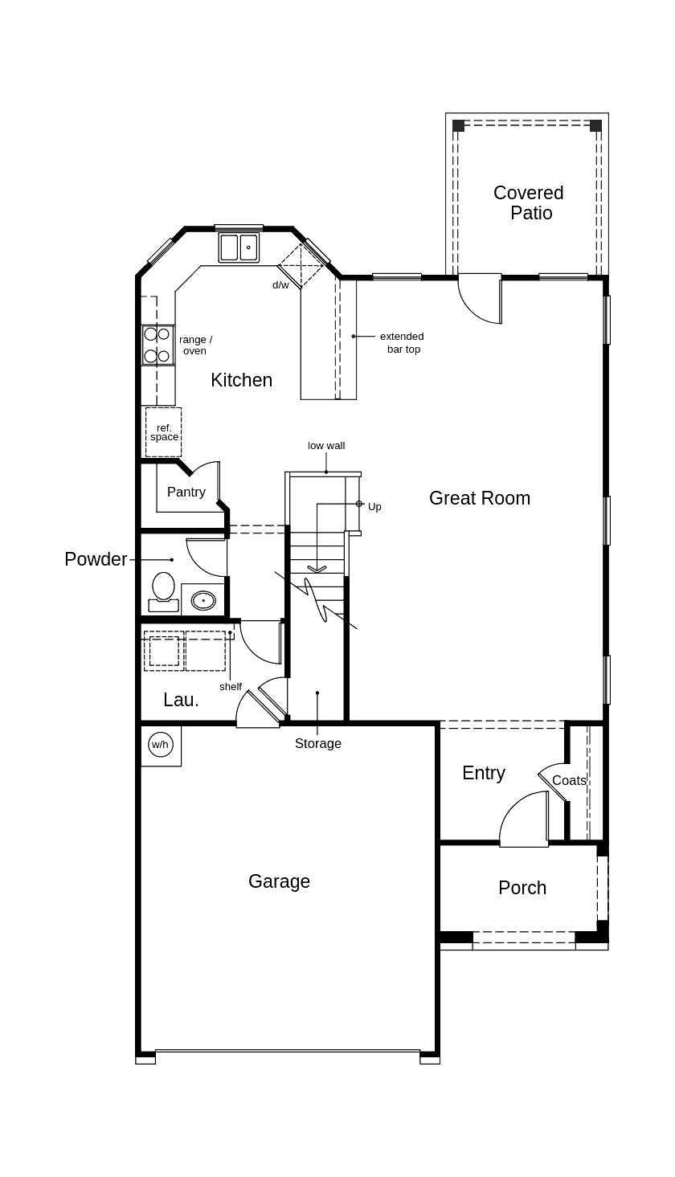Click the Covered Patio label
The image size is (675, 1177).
pos(529,202)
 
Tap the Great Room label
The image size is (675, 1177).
pos(480,498)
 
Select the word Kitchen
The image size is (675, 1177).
pos(241,380)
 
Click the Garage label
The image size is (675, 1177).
pos(279,881)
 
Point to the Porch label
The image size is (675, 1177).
pos(522,888)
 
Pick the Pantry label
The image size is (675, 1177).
pos(186,492)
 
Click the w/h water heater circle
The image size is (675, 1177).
pos(161,744)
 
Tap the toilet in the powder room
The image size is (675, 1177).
pos(163,592)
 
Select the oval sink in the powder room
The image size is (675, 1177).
pos(203,600)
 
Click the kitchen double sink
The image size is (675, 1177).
pos(239,247)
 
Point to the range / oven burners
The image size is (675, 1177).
pos(157,345)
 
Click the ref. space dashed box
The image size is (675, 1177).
pos(163,432)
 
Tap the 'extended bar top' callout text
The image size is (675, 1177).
pos(402,342)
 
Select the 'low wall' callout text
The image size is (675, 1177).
pos(326,446)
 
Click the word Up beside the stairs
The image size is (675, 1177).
pos(374,506)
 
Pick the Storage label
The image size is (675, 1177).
pos(318,743)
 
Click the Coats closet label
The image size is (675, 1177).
pos(569,780)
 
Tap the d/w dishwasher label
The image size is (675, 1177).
pos(280,284)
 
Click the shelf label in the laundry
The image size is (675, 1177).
pos(231,687)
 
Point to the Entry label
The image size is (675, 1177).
pos(484,773)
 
